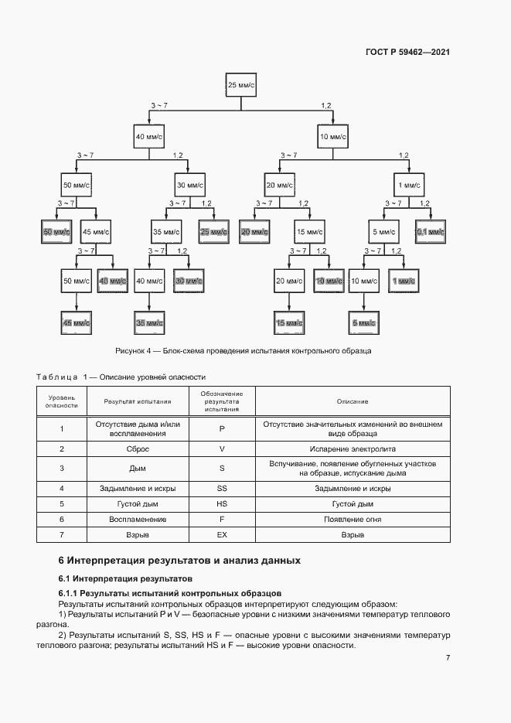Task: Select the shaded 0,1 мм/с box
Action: tap(431, 231)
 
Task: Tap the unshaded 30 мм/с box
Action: tap(189, 186)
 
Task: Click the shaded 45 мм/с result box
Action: tap(77, 322)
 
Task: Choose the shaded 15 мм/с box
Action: tap(289, 322)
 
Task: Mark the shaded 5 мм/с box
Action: tap(362, 322)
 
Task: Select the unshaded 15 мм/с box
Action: tap(311, 231)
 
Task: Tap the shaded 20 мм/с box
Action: tap(254, 231)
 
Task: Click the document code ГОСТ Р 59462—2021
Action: tap(408, 53)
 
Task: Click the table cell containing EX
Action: tap(222, 534)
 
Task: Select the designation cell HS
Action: tap(222, 503)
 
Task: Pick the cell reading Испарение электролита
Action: tap(353, 448)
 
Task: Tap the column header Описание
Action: tap(353, 401)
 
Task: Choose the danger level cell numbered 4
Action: tap(61, 488)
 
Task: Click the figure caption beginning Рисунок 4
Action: tap(243, 350)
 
